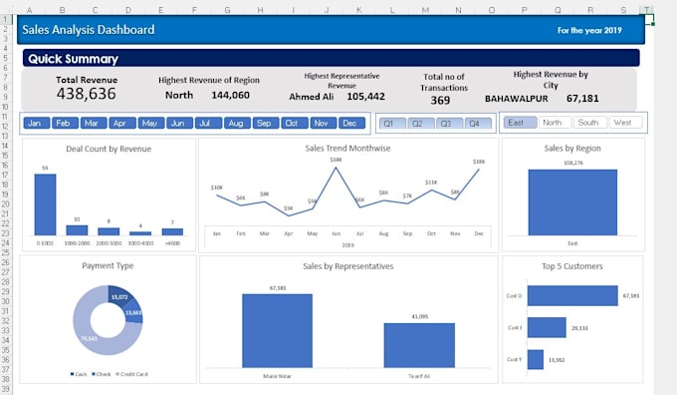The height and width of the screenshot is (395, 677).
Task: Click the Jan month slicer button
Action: point(35,123)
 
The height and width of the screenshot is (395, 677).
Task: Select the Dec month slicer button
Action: point(350,123)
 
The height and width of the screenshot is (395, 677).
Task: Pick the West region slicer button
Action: point(623,123)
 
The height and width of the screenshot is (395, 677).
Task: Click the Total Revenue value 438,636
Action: point(86,95)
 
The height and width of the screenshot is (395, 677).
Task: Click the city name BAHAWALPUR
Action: point(518,99)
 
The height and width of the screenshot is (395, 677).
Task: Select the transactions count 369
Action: point(440,100)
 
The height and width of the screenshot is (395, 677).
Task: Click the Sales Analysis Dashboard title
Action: point(88,30)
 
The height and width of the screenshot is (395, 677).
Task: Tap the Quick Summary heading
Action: point(73,59)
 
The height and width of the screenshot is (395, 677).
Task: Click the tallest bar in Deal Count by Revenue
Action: point(45,204)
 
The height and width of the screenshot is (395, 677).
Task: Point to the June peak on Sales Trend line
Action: point(336,167)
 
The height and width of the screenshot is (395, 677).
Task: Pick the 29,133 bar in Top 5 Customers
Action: point(546,327)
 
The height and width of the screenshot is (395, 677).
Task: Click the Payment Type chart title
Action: point(107,266)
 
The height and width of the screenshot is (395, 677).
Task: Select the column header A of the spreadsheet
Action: point(30,10)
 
